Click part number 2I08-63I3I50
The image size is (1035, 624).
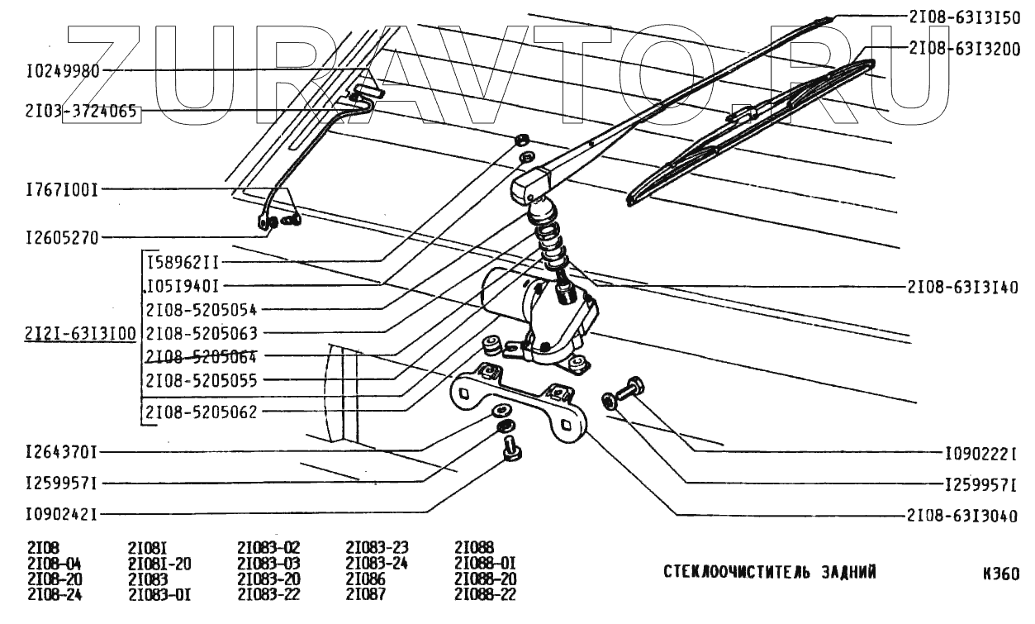[963, 17]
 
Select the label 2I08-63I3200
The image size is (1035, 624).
[963, 49]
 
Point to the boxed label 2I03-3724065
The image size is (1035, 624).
[82, 112]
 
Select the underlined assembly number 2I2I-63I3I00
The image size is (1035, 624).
[81, 334]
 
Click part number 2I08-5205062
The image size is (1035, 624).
[202, 412]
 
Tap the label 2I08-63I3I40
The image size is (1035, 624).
[963, 288]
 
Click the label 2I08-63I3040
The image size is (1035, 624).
[963, 516]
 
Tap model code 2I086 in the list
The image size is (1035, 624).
[366, 580]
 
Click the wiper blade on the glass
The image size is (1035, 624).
[743, 132]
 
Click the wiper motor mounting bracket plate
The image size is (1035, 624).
[520, 405]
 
